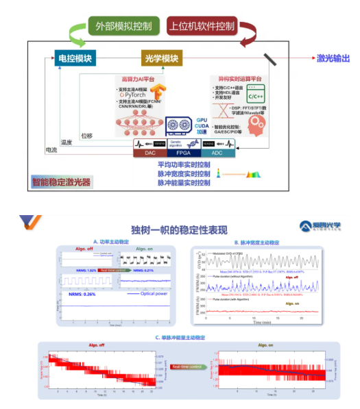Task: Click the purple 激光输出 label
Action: point(333,58)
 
